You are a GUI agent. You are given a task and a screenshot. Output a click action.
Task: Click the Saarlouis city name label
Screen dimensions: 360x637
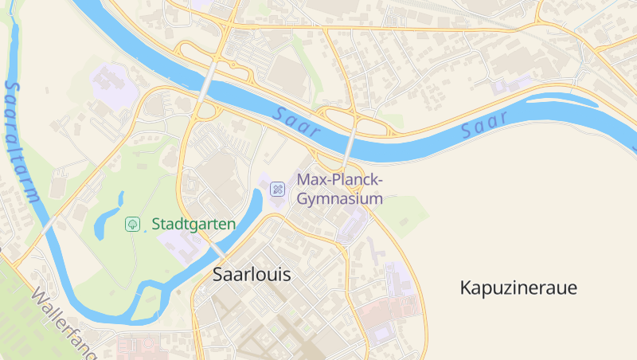252,275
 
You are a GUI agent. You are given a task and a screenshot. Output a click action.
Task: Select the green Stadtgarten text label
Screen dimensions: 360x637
193,225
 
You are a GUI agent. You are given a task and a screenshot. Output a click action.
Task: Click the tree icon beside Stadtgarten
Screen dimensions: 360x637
132,225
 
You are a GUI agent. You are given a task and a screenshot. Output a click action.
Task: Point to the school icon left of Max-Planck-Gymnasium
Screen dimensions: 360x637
277,189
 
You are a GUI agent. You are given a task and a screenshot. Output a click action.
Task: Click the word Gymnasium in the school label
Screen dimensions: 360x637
340,199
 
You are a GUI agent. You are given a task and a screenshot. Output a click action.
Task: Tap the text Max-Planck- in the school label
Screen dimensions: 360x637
340,180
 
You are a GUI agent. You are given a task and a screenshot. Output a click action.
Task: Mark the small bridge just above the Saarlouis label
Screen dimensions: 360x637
216,250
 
